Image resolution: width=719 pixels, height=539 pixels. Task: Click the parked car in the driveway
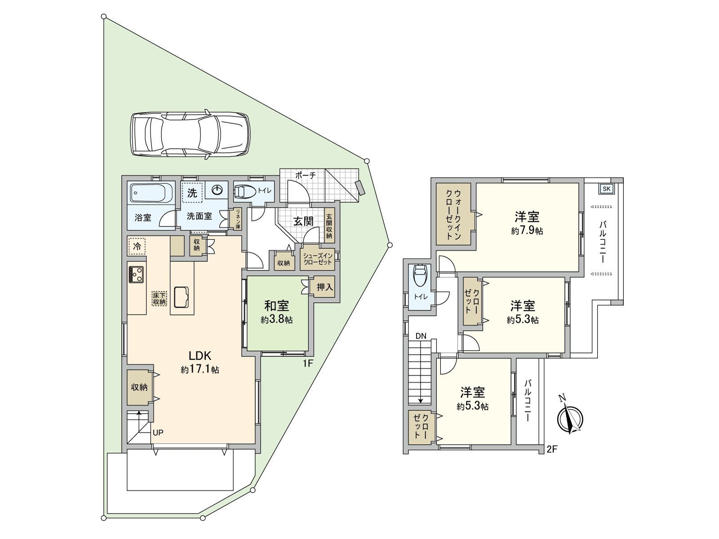(190, 134)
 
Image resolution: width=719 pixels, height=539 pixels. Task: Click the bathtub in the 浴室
(151, 194)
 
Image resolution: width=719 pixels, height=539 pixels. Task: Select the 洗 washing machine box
(192, 193)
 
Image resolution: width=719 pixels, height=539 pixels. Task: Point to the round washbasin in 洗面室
(217, 190)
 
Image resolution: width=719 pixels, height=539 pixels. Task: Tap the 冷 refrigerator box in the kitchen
(137, 246)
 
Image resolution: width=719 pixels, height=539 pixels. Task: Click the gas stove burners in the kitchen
(136, 274)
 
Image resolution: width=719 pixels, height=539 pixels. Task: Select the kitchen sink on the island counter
(182, 297)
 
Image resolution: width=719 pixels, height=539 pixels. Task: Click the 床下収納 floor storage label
(159, 298)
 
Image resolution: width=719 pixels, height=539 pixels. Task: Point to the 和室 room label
(276, 306)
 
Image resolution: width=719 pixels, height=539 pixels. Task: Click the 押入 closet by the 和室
(324, 287)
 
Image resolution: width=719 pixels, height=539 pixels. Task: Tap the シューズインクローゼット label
(318, 259)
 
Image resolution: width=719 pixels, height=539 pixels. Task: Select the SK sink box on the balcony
(606, 189)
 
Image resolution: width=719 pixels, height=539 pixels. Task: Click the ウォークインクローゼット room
(453, 214)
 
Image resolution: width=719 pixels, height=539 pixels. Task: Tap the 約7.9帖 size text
(527, 231)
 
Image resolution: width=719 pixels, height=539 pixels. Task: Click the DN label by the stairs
(421, 336)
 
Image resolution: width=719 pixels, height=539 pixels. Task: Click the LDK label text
(200, 356)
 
